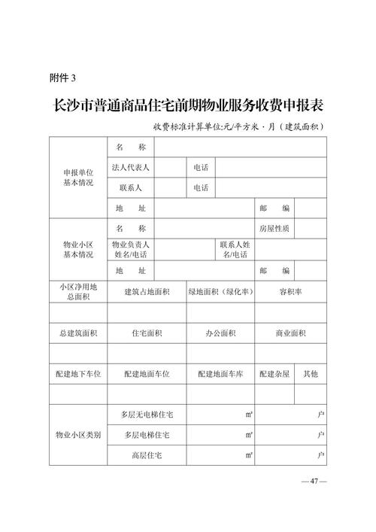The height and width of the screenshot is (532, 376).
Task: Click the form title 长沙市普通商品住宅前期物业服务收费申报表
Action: (186, 104)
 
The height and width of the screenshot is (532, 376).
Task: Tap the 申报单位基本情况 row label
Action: (78, 177)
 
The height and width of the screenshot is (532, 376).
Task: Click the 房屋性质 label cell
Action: (274, 228)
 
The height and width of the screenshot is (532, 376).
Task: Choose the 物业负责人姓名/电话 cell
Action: (131, 249)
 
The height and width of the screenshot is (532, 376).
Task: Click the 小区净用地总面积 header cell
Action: (78, 291)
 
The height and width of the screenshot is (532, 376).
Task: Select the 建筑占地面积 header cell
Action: (147, 291)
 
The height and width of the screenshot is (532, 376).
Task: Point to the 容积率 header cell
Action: (290, 291)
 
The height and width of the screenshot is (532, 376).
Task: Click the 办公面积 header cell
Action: (220, 333)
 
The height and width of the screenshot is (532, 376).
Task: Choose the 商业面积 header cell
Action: (290, 333)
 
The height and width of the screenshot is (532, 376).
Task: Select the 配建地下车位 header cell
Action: (78, 374)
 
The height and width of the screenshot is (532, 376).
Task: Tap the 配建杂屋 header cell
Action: (274, 374)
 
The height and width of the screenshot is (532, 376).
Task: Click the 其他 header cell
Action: (311, 374)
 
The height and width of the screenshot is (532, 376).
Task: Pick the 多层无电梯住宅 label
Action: (147, 415)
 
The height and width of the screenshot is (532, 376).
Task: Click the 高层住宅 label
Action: (147, 455)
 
